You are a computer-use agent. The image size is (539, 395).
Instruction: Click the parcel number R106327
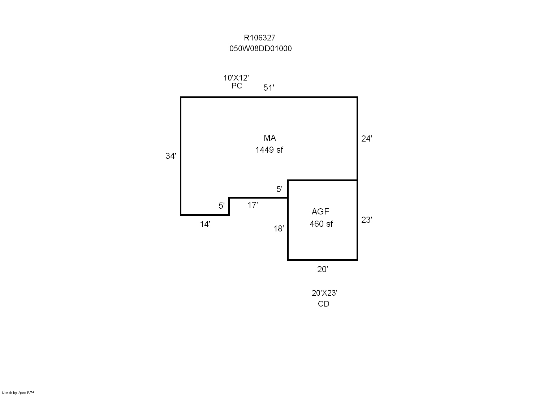point(260,38)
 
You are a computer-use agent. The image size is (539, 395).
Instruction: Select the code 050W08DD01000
point(260,49)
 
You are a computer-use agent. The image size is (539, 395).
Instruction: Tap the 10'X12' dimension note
point(236,78)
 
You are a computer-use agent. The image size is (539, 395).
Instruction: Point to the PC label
point(237,86)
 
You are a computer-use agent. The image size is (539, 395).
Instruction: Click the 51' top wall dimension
point(269,88)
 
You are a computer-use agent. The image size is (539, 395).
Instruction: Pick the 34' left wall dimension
point(171,156)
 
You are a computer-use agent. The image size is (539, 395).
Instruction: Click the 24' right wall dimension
point(367,139)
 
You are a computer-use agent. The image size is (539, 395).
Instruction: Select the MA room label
point(270,138)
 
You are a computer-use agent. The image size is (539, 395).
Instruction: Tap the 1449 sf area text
point(269,150)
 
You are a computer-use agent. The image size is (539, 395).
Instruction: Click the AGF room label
point(320,212)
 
